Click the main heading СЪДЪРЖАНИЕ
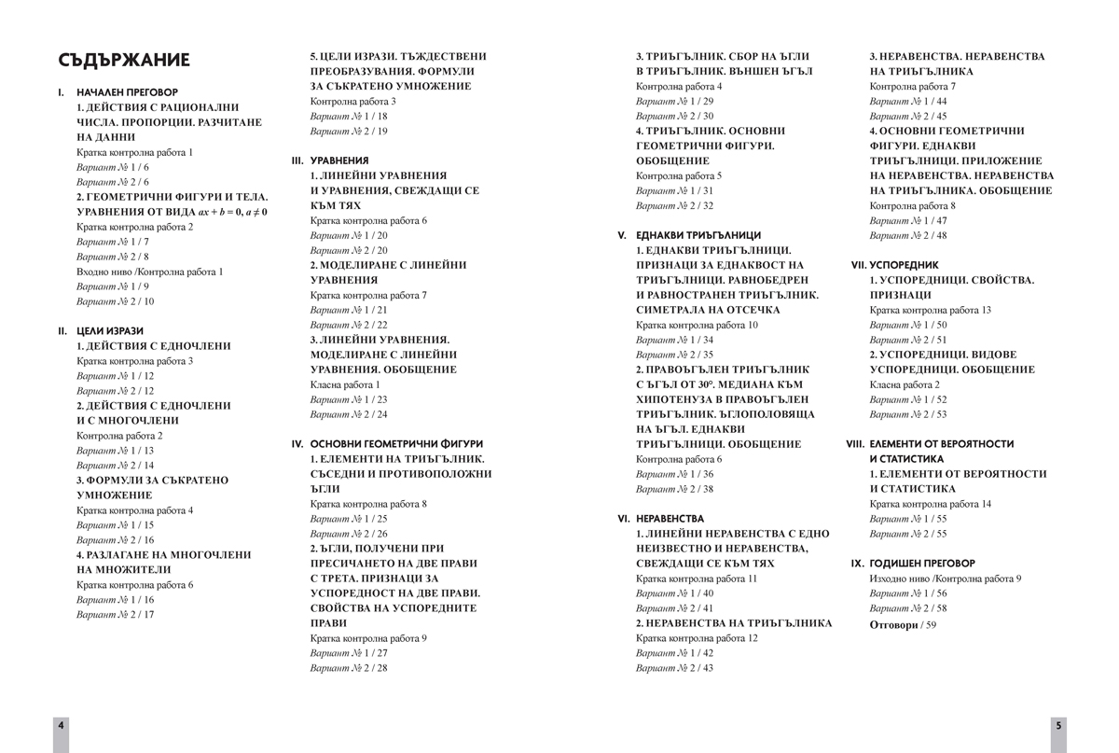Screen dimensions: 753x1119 (x=123, y=61)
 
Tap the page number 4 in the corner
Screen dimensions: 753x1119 (x=61, y=725)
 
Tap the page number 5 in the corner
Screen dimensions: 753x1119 (x=1058, y=725)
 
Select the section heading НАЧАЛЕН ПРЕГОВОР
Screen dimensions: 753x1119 (x=126, y=93)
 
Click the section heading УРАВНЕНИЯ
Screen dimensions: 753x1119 (x=339, y=160)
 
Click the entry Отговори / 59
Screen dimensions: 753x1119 (x=903, y=624)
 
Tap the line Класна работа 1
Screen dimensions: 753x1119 (x=345, y=384)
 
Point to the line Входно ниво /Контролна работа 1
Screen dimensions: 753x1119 (x=150, y=272)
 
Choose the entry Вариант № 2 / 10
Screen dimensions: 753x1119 (x=116, y=301)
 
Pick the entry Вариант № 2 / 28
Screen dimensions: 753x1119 (x=349, y=668)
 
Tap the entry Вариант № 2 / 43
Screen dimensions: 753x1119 (x=675, y=668)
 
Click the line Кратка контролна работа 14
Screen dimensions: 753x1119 (x=931, y=504)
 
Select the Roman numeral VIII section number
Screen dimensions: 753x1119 (x=855, y=444)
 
